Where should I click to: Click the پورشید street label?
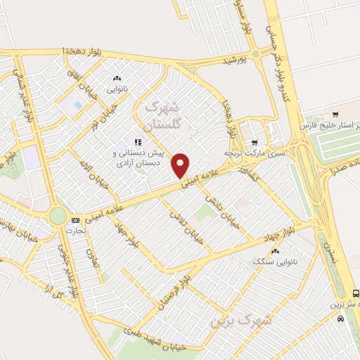point(234,60)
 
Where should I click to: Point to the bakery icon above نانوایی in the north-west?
point(117,79)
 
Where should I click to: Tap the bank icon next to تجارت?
point(75,220)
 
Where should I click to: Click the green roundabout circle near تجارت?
point(58,215)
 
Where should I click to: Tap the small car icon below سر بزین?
point(341,319)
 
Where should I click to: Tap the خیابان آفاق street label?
point(79,85)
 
